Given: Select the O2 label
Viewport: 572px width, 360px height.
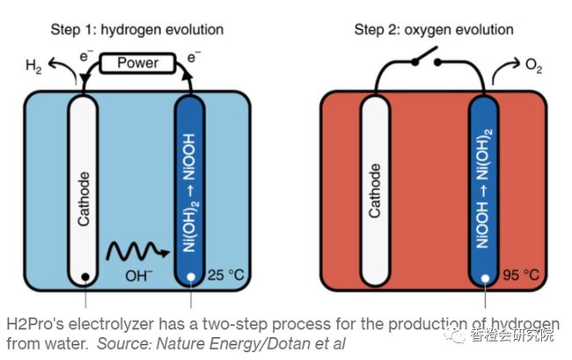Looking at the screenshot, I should tap(533, 67).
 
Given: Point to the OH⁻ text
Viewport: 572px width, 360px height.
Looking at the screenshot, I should tap(139, 276).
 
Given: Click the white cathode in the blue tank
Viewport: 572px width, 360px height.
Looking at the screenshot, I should tap(84, 189).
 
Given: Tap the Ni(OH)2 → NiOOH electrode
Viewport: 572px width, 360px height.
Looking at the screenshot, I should tap(190, 189).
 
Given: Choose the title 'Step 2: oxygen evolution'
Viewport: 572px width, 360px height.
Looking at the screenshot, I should tap(434, 29).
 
